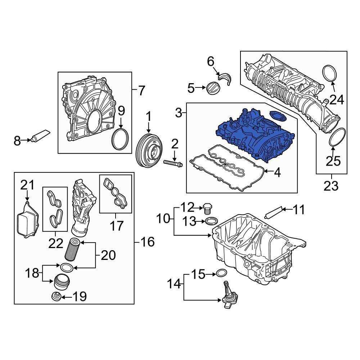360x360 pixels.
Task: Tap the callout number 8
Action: [17, 141]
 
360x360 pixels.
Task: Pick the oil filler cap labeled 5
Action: [211, 88]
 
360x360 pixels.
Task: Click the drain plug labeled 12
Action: [207, 208]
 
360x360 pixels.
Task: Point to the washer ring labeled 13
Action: [212, 221]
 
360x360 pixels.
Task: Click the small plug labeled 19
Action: [56, 296]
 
